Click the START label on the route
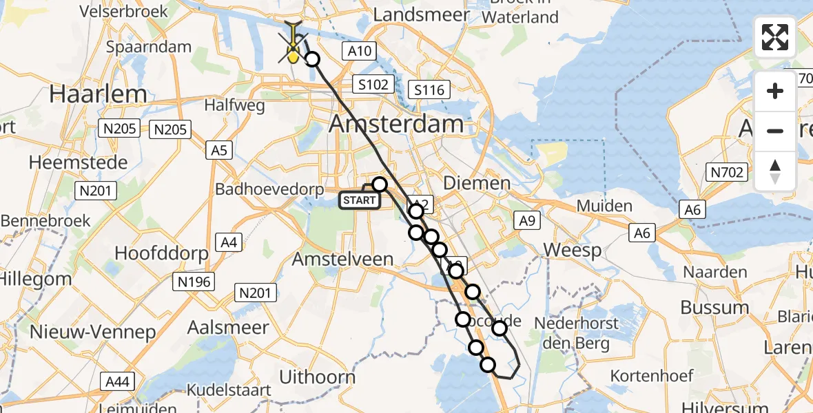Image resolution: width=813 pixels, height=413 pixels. (x=359, y=200)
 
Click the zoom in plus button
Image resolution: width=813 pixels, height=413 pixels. (x=775, y=91)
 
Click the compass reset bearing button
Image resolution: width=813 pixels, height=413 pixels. (x=775, y=171)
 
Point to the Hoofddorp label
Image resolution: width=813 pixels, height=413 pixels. (x=161, y=253)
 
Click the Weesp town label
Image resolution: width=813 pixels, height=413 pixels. (x=572, y=250)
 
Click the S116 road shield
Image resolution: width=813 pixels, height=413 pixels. (x=429, y=89)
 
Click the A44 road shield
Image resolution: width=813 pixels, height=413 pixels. (x=118, y=381)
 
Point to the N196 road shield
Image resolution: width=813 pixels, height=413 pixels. (x=195, y=281)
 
